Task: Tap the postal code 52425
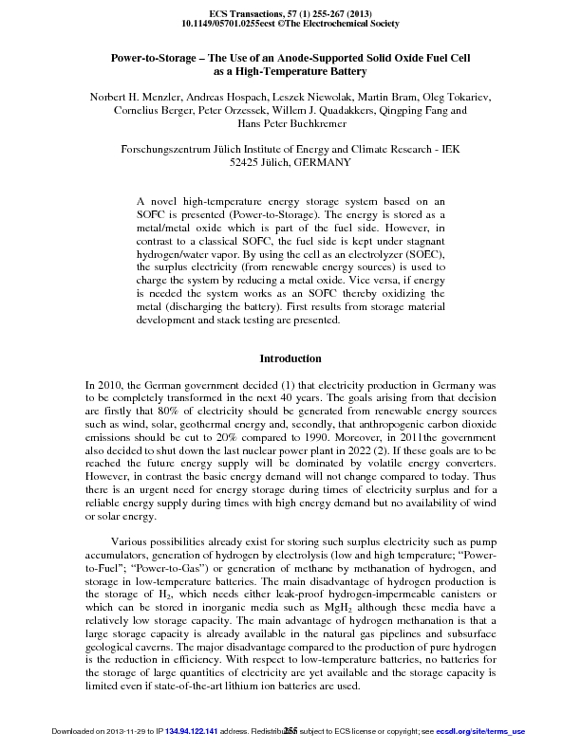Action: [x=246, y=163]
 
